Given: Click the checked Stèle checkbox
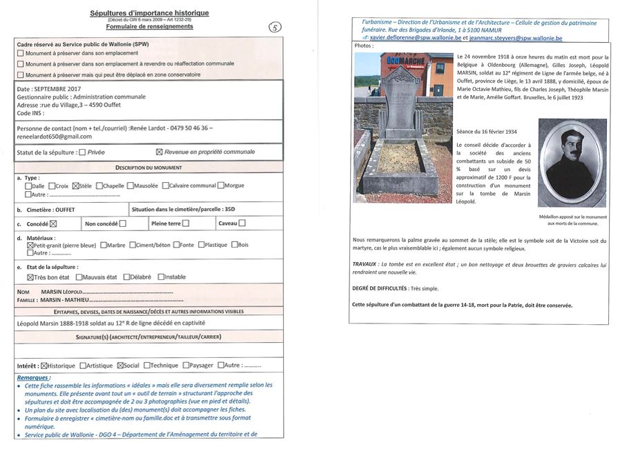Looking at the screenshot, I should point(76,186).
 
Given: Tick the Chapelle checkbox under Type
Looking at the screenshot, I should point(100,186).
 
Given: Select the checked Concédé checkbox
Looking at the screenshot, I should point(52,223).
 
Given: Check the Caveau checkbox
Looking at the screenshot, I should point(242,223).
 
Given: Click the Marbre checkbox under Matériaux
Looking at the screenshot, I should point(104,244).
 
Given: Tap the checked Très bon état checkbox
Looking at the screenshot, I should point(30,277).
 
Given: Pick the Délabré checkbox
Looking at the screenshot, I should point(126,277).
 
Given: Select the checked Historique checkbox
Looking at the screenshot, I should point(45,366).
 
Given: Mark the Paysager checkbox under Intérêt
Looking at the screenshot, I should point(184,366).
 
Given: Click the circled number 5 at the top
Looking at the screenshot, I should point(274,27).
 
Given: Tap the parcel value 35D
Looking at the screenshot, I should point(230,208).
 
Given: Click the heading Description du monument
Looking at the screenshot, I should point(148,168).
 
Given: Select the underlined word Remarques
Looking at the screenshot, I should point(33,378).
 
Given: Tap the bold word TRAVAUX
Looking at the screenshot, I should point(364,264).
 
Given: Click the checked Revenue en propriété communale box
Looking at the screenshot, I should point(159,152).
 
